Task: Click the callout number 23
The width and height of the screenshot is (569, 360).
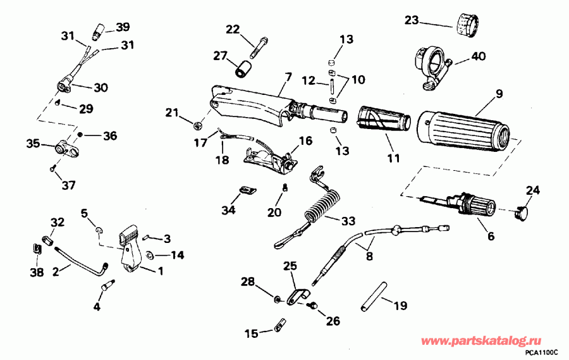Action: pos(412,22)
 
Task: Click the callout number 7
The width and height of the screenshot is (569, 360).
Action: pos(288,77)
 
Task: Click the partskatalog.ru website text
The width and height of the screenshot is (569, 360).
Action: pos(490,341)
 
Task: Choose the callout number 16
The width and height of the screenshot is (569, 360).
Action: pos(305,140)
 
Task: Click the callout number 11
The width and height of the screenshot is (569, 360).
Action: pos(393,158)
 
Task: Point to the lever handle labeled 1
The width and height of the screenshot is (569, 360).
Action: pos(130,250)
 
